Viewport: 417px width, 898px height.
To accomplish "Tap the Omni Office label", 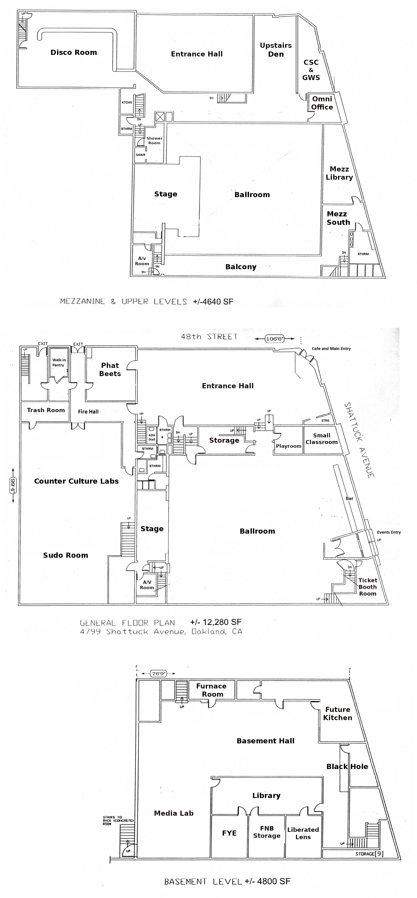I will tap(322, 103).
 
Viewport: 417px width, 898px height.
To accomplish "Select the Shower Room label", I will tap(154, 140).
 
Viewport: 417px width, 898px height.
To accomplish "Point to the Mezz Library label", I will tap(339, 173).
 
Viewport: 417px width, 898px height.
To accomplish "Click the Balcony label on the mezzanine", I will tap(241, 267).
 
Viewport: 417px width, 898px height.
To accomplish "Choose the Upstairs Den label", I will tap(275, 50).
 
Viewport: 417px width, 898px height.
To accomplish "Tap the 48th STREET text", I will tap(209, 337).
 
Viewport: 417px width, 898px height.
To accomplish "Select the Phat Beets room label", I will tap(110, 369).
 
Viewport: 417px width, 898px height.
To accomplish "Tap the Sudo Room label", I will tap(65, 555).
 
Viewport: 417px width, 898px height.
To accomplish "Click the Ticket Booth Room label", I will tap(367, 587).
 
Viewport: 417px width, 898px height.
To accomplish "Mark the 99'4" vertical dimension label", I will tap(13, 485).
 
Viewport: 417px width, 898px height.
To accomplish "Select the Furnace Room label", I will tap(211, 690).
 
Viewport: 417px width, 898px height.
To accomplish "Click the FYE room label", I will tap(229, 833).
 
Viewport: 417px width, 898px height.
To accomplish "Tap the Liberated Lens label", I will tap(303, 833).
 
